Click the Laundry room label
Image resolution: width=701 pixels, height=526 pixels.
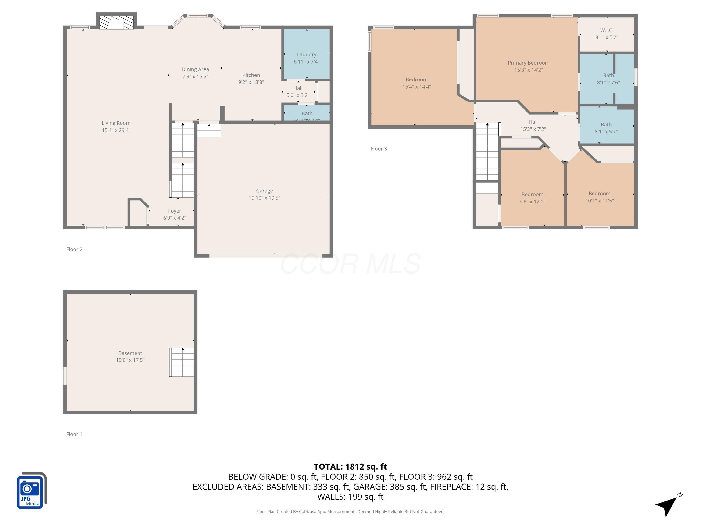pos(306,54)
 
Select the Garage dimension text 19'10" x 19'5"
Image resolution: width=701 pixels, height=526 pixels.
pos(264,198)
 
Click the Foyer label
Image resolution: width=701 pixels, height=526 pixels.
pos(175,211)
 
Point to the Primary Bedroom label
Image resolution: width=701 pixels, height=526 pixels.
pos(528,63)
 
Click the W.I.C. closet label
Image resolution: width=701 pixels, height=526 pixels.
pos(607,30)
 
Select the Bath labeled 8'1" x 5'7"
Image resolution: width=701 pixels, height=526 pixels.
pos(606,128)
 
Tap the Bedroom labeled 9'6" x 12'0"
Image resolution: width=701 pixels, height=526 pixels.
pos(532,198)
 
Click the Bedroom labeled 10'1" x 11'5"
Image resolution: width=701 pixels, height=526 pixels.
pos(599,197)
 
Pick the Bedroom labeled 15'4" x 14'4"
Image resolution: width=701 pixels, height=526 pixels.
pos(416,83)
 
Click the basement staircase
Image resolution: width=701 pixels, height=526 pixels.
pos(182,362)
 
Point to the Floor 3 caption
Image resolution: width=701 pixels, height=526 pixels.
pos(379,149)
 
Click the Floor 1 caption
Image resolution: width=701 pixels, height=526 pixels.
pos(74,434)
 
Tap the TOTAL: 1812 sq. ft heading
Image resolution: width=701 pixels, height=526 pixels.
pos(350,467)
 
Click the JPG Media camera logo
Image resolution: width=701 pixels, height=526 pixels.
pos(31,491)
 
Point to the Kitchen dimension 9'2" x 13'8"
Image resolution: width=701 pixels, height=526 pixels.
pos(251,82)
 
